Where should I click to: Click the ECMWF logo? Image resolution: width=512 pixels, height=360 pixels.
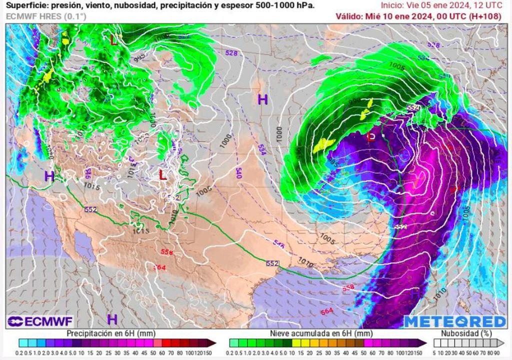pyautogui.click(x=40, y=321)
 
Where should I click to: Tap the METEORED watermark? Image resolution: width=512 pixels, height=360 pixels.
pyautogui.click(x=455, y=321)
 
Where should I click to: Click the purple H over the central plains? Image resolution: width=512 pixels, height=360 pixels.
pyautogui.click(x=262, y=99)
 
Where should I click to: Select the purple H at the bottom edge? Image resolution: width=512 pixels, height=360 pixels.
pyautogui.click(x=112, y=319)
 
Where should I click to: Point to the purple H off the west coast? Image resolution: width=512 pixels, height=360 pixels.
pyautogui.click(x=49, y=176)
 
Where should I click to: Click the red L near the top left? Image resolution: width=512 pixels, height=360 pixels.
pyautogui.click(x=114, y=40)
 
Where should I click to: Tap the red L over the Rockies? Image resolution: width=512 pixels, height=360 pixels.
pyautogui.click(x=162, y=174)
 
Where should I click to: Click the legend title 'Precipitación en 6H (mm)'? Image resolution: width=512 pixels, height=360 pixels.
pyautogui.click(x=110, y=333)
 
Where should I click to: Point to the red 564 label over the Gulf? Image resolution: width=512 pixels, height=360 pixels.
pyautogui.click(x=326, y=311)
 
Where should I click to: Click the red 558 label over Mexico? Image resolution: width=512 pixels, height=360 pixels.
pyautogui.click(x=167, y=252)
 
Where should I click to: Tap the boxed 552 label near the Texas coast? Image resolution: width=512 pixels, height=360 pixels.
pyautogui.click(x=272, y=263)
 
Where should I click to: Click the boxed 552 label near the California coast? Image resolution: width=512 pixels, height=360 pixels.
pyautogui.click(x=90, y=209)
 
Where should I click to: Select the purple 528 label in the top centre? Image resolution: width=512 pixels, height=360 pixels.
pyautogui.click(x=231, y=53)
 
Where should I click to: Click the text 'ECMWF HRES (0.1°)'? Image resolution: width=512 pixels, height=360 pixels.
pyautogui.click(x=46, y=16)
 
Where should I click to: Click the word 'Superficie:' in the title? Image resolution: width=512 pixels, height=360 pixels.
pyautogui.click(x=25, y=5)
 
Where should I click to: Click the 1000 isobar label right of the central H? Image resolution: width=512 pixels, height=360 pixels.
pyautogui.click(x=279, y=133)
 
